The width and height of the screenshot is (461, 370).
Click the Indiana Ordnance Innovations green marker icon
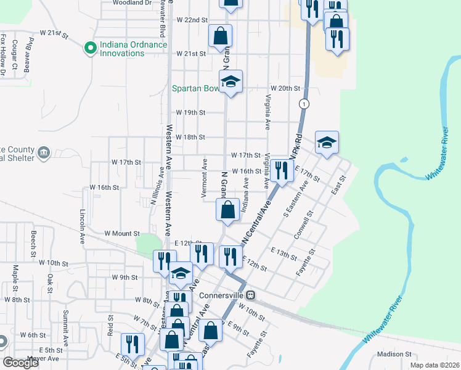(89, 47)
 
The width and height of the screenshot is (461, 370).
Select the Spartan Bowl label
(195, 88)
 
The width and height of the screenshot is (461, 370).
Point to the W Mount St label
(122, 234)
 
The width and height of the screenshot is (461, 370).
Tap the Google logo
(20, 363)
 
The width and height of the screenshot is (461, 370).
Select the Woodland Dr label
(132, 2)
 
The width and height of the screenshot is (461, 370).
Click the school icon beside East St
(326, 143)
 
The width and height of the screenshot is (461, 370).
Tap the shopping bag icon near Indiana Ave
(227, 209)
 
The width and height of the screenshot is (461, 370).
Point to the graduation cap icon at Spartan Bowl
(231, 82)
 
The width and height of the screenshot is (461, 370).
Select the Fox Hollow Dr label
(3, 55)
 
